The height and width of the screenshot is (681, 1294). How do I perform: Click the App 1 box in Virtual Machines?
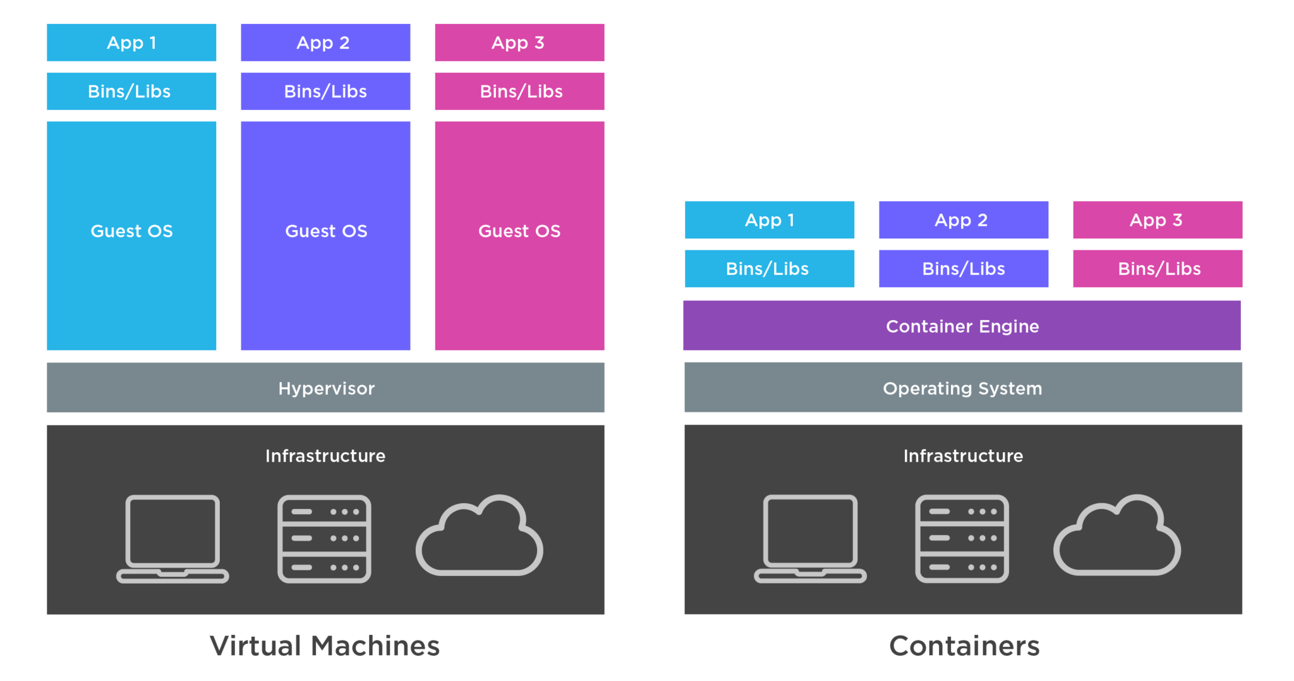131,42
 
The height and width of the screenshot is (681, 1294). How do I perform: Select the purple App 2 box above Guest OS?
325,42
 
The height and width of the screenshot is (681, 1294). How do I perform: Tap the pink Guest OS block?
519,235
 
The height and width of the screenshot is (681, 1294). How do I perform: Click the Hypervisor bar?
325,388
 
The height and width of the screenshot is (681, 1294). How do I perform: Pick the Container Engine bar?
962,326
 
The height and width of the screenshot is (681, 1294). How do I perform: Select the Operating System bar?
963,388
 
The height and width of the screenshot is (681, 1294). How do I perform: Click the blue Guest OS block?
131,235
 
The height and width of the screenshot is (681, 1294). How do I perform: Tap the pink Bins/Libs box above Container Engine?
1158,269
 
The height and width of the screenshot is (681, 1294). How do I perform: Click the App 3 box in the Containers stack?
1158,220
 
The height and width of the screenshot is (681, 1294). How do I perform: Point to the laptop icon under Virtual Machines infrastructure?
172,537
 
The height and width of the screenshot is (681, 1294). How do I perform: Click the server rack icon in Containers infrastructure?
962,539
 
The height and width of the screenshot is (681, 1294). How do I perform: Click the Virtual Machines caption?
325,646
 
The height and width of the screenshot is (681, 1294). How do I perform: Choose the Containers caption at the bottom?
964,646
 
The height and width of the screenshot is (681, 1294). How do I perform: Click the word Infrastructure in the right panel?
963,456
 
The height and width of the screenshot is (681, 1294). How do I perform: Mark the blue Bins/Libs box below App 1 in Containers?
770,269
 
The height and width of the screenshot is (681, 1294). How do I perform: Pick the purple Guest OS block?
325,235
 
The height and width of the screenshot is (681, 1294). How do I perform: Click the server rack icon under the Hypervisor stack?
324,539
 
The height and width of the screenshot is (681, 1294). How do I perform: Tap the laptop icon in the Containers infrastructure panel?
810,537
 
